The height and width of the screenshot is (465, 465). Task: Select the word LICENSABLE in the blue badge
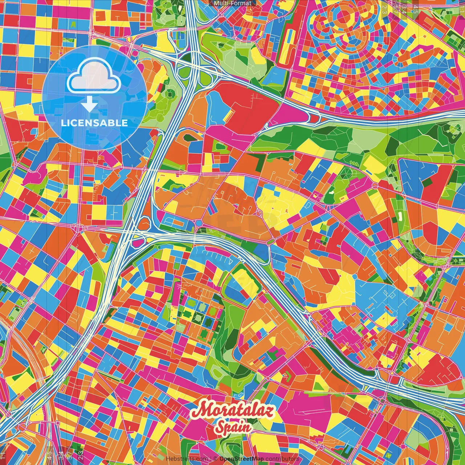(94, 123)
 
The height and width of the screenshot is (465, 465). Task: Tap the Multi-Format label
(232, 3)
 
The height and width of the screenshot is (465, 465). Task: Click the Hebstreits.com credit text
(186, 459)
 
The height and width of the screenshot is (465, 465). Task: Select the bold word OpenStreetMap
(242, 459)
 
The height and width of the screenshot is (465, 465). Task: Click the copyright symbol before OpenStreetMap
(215, 459)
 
